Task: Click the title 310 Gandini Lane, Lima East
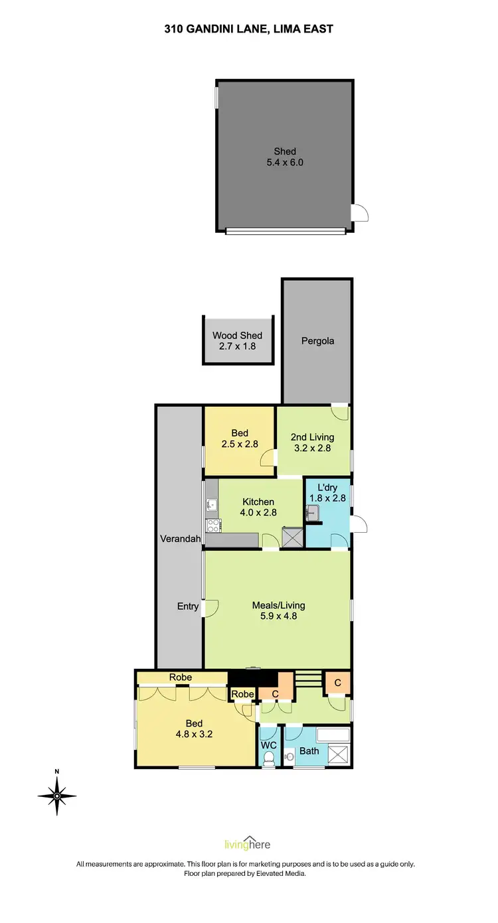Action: (x=248, y=29)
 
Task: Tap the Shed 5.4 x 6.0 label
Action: (x=285, y=157)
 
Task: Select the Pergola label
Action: (x=317, y=341)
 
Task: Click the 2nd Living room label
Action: (x=312, y=443)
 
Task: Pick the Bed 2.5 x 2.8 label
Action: (x=240, y=439)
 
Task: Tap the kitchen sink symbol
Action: (x=211, y=505)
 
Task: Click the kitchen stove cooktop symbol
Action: (x=213, y=526)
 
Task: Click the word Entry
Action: (x=188, y=606)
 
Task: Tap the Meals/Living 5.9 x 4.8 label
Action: (x=278, y=610)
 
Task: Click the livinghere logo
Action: (x=248, y=844)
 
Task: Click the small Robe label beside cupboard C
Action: (x=243, y=694)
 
